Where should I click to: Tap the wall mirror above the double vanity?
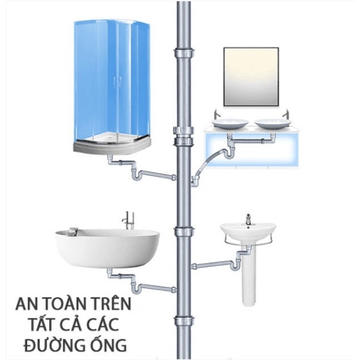[250, 76]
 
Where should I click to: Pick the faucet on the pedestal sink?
[248, 220]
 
